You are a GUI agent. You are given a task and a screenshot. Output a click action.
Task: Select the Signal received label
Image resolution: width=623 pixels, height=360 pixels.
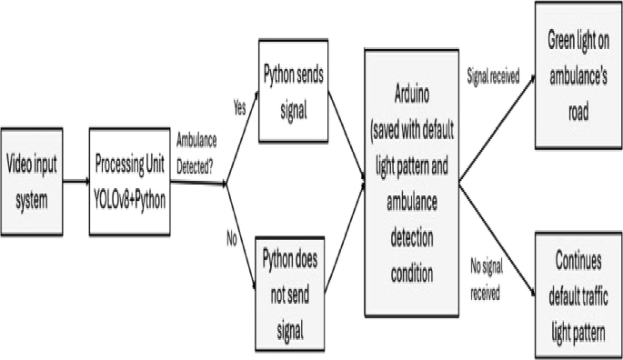coord(493,77)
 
